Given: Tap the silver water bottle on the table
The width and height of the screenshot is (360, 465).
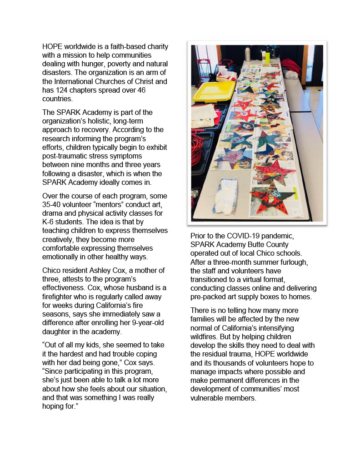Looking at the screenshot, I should pyautogui.click(x=248, y=53).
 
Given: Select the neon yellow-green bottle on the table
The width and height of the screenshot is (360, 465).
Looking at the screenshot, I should pyautogui.click(x=268, y=56).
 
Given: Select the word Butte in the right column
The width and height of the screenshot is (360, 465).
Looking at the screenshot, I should pyautogui.click(x=255, y=245).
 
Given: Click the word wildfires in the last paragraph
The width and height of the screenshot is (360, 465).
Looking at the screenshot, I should pyautogui.click(x=205, y=336).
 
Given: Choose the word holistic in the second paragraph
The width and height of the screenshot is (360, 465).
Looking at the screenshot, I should pyautogui.click(x=101, y=121).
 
